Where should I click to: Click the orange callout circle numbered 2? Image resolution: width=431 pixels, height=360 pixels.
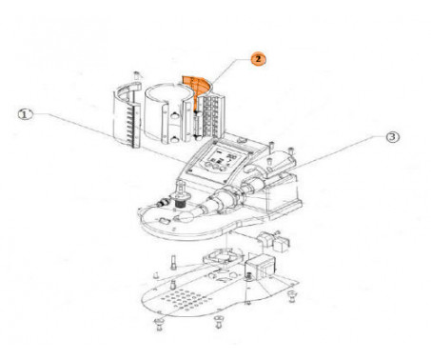[258, 59]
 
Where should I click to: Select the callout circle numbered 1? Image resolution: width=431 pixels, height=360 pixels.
[26, 114]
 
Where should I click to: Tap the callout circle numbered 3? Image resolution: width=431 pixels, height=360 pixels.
[393, 137]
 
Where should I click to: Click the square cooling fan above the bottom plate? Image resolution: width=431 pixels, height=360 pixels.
[223, 256]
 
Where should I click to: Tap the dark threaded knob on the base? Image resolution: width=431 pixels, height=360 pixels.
[181, 202]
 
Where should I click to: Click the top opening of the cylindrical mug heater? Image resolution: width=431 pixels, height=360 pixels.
[168, 93]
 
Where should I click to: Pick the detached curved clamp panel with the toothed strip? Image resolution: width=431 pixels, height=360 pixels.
[127, 115]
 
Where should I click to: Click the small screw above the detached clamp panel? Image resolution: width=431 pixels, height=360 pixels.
[137, 75]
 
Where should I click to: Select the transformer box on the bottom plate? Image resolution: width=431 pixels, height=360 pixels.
[260, 266]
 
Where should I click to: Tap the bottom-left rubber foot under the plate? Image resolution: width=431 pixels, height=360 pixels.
[159, 324]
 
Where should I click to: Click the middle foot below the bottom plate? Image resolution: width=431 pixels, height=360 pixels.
[218, 321]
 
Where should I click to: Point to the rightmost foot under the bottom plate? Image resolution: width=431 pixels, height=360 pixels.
[291, 297]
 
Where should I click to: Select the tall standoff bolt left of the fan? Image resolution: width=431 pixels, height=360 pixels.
[174, 262]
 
